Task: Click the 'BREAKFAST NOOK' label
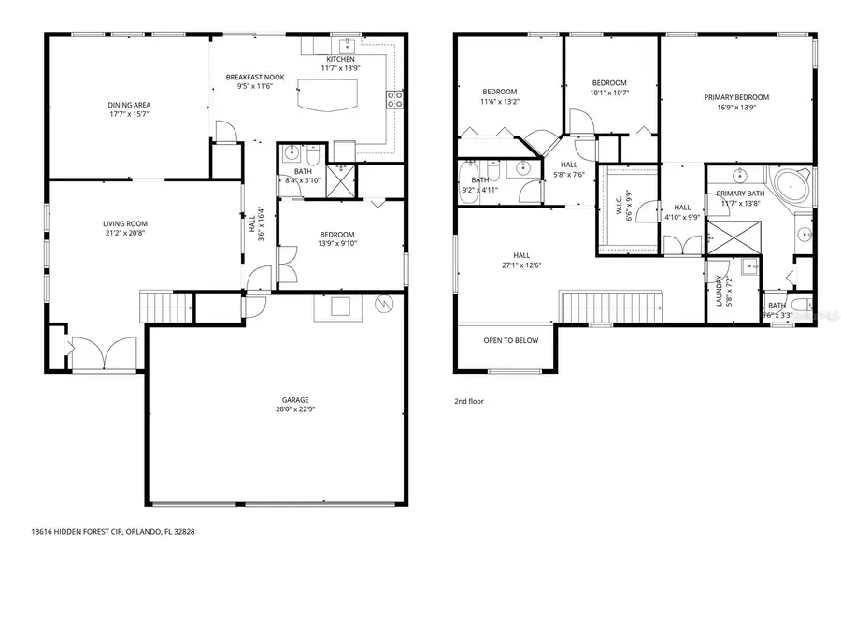coord(254,77)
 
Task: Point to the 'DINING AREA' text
coord(129,105)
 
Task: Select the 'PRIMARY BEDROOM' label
coord(736,97)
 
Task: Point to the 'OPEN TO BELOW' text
coord(510,340)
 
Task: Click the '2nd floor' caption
coord(468,400)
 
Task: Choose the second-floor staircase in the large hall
coord(610,306)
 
